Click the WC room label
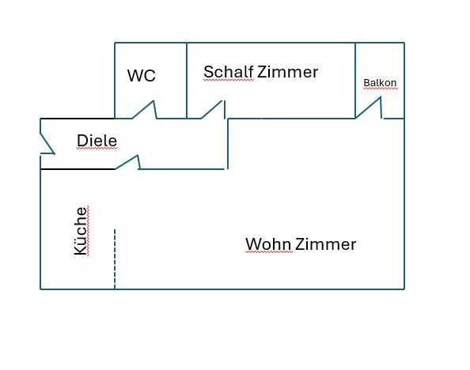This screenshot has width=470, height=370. click(142, 75)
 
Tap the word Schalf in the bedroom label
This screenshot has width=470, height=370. click(229, 72)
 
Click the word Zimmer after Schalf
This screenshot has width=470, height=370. click(288, 72)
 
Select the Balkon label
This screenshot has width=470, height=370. click(380, 83)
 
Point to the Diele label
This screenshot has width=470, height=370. click(97, 141)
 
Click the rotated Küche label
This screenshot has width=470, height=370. click(81, 231)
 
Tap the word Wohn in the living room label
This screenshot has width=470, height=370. click(268, 244)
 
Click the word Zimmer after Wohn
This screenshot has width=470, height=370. click(325, 244)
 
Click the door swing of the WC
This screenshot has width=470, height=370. click(145, 110)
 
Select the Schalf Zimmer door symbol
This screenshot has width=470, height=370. click(213, 110)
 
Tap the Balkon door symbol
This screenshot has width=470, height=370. click(369, 108)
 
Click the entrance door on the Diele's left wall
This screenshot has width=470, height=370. click(47, 141)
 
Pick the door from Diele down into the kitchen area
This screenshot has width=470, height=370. click(127, 162)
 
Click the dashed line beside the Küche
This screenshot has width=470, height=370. click(115, 259)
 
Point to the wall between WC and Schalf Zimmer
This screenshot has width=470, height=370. click(187, 81)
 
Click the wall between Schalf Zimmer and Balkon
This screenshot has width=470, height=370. click(355, 81)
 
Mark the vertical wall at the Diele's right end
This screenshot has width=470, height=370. click(228, 144)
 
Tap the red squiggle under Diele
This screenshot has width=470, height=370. click(97, 149)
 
